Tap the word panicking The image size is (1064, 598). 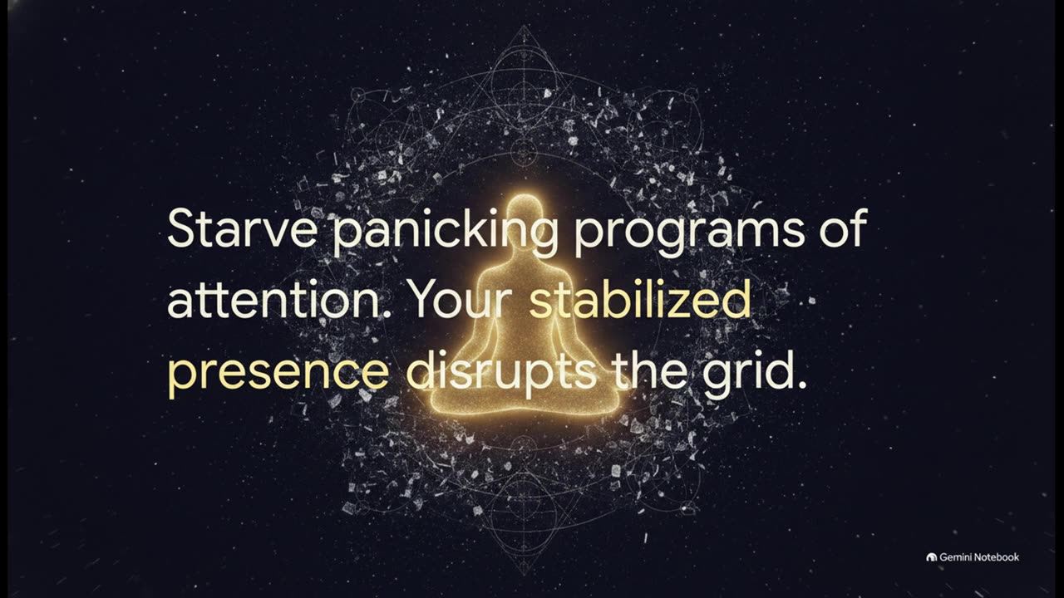[x=445, y=233]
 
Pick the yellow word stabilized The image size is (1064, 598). [x=640, y=298]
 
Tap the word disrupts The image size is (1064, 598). [x=500, y=370]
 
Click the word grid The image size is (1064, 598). [x=755, y=370]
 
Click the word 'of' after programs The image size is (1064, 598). [x=844, y=227]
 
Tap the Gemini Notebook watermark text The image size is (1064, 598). [x=979, y=557]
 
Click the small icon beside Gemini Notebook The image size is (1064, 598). [x=932, y=557]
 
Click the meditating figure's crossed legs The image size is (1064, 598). [x=524, y=396]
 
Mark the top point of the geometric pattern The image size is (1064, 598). [x=524, y=25]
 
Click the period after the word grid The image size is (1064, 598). [x=802, y=385]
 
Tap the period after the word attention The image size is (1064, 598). [x=392, y=314]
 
